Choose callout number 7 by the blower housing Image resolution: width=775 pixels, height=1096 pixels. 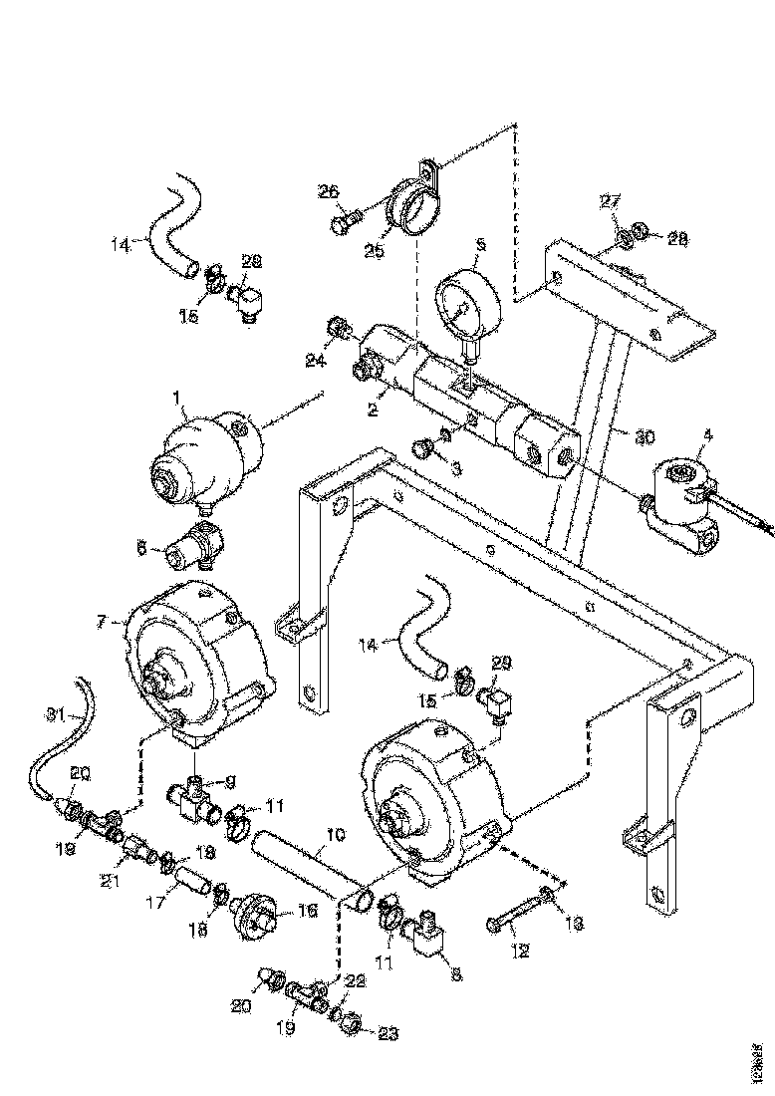click(x=102, y=621)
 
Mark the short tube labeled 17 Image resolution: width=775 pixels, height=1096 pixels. click(x=191, y=885)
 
